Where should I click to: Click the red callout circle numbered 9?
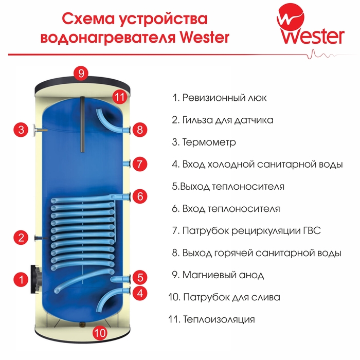tap(81, 74)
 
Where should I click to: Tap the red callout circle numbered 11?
tap(120, 97)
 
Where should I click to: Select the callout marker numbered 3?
tap(21, 130)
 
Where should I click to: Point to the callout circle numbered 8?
tap(140, 130)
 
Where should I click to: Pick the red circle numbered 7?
tap(140, 164)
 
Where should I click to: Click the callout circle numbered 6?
tap(140, 196)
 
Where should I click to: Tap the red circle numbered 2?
tap(21, 238)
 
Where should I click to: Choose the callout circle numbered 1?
tap(21, 280)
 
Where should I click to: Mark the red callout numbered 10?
tap(100, 333)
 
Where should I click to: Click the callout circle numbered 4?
tap(140, 293)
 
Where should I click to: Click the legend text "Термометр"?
tap(209, 142)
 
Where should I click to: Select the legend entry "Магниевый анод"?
tap(223, 275)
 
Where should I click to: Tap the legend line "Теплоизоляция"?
tap(219, 319)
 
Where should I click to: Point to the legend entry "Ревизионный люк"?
tap(225, 98)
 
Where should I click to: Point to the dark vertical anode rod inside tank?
tap(82, 124)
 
